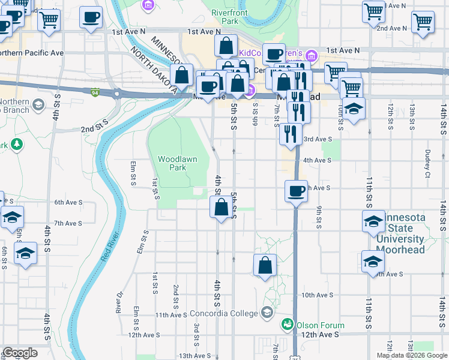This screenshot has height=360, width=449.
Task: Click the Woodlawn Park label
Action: pyautogui.click(x=172, y=163)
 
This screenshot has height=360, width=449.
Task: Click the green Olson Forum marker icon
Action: pyautogui.click(x=288, y=325)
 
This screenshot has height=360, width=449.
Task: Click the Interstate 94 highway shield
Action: pyautogui.click(x=95, y=92)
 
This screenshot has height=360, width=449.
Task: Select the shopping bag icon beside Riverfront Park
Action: pyautogui.click(x=226, y=46)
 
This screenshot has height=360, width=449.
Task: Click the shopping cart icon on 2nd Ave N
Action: pyautogui.click(x=423, y=22)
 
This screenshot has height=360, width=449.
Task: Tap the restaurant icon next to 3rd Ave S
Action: pyautogui.click(x=291, y=134)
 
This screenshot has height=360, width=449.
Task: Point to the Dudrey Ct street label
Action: pyautogui.click(x=427, y=159)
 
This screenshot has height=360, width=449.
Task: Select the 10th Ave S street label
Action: pyautogui.click(x=317, y=295)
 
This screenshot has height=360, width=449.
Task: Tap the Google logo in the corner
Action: pyautogui.click(x=20, y=352)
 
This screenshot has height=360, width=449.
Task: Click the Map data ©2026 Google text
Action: pyautogui.click(x=412, y=355)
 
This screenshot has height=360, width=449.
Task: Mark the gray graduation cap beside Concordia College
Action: pyautogui.click(x=267, y=313)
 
